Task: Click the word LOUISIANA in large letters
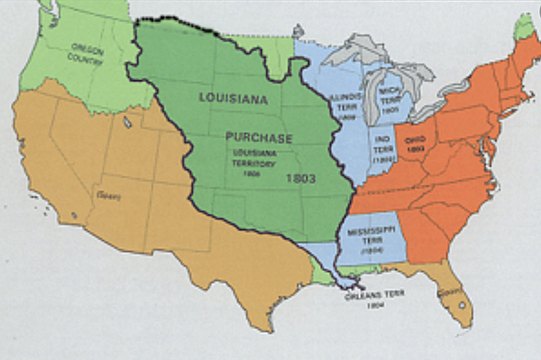point(232,98)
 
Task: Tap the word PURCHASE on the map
point(259,138)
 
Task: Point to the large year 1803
point(300,179)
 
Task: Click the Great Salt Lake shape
point(127,123)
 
